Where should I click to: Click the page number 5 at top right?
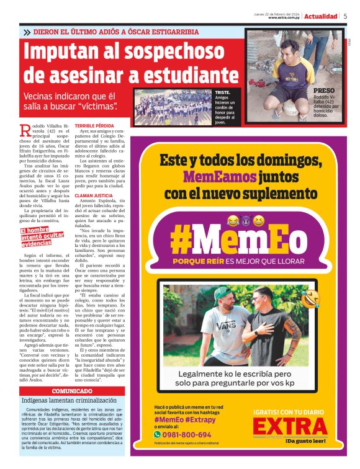(345, 16)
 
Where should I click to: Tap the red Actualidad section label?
(321, 16)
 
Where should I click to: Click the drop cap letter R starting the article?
(25, 130)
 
